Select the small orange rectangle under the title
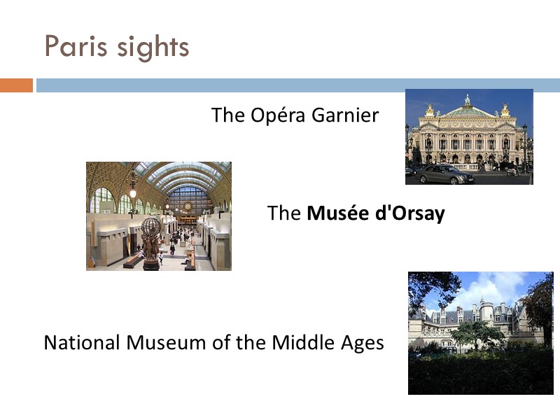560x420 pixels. click(16, 85)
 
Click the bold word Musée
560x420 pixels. click(339, 213)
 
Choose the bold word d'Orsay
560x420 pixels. click(410, 213)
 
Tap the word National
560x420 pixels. click(82, 343)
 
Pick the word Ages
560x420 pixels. click(361, 344)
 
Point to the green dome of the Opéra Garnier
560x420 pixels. click(468, 108)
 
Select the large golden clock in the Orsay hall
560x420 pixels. click(187, 206)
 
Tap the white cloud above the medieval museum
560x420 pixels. click(490, 287)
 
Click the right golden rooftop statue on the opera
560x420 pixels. click(505, 111)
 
